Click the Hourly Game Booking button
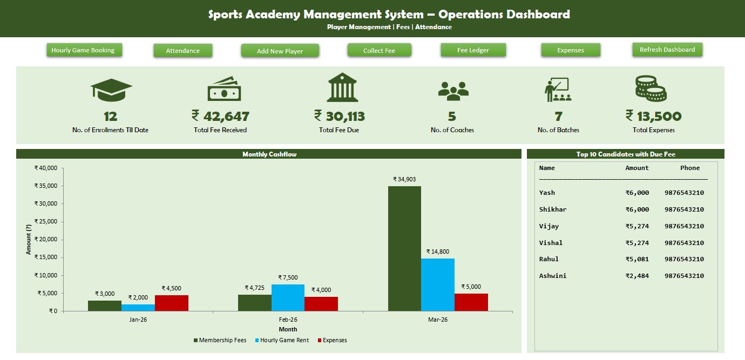(83, 50)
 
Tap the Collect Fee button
(379, 50)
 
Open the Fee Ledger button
(473, 50)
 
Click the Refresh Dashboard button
(667, 50)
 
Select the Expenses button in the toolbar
(571, 50)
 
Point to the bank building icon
(342, 88)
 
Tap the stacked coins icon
(651, 89)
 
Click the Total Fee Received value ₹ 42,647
(220, 116)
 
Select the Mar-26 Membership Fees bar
(404, 248)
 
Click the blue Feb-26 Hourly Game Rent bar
(288, 297)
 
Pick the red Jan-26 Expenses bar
(172, 303)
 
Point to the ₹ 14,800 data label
(437, 252)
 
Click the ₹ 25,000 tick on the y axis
(46, 222)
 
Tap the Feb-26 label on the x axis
(288, 320)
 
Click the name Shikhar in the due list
(553, 209)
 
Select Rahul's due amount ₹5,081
(637, 259)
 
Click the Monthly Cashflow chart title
(269, 154)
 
